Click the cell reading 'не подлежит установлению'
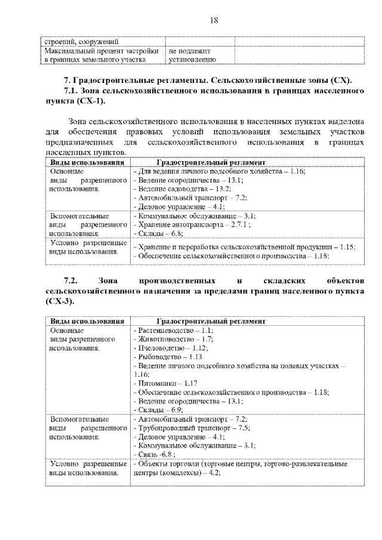(x=189, y=55)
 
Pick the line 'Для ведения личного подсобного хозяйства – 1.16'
(x=218, y=171)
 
